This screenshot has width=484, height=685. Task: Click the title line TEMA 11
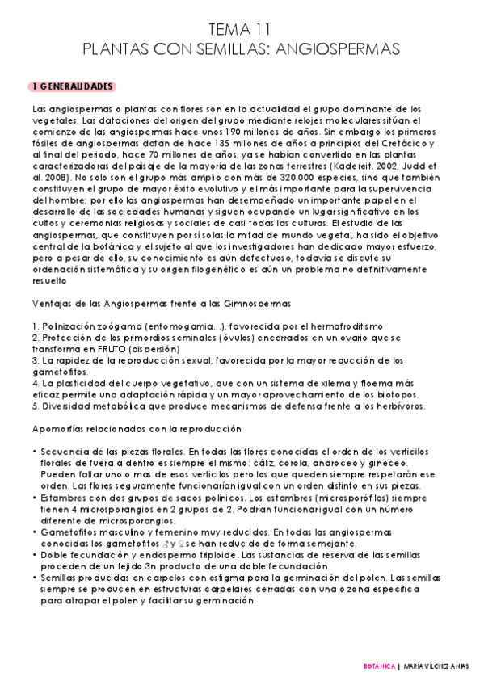tap(241, 29)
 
